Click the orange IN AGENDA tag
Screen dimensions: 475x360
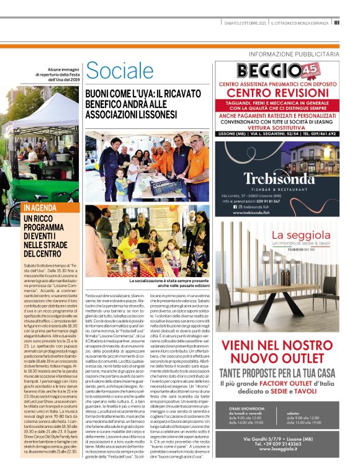[42, 207]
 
